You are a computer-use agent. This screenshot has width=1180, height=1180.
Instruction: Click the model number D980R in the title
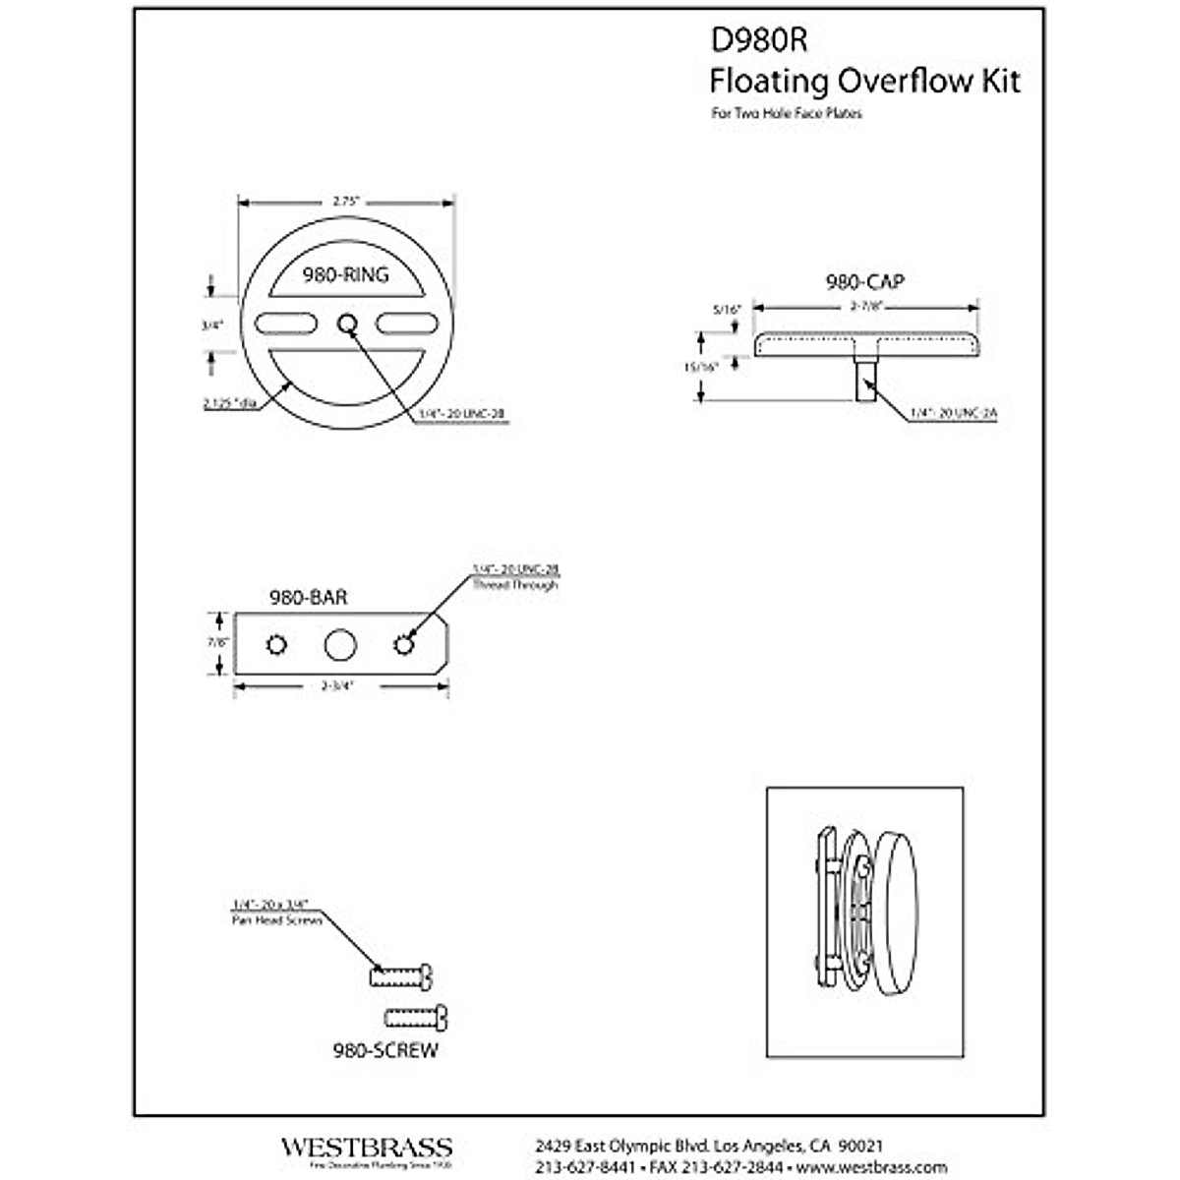click(758, 39)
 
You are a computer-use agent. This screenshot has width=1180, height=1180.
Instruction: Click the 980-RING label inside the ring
click(345, 275)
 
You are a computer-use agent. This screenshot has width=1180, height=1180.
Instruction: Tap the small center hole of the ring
click(346, 323)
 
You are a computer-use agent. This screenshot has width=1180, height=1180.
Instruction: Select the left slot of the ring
click(286, 323)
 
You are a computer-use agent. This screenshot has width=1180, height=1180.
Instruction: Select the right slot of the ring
click(406, 323)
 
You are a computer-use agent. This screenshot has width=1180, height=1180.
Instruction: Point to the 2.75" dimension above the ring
click(345, 201)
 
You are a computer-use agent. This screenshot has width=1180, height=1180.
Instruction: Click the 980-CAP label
click(865, 282)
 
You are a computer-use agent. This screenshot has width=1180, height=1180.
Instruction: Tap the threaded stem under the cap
click(865, 380)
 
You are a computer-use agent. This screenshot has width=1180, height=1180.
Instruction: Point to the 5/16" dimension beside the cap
click(726, 309)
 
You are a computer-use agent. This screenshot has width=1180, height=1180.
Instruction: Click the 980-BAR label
click(308, 597)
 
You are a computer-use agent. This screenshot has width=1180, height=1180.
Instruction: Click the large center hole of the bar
click(340, 645)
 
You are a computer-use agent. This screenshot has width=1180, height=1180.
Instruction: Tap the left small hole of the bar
click(276, 645)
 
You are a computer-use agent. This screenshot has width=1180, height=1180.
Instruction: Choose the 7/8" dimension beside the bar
click(218, 641)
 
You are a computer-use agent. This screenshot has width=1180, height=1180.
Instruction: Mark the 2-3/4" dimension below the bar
click(338, 685)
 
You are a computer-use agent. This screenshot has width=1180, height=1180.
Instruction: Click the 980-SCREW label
click(385, 1050)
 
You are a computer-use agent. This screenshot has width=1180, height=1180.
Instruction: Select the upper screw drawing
click(401, 976)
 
